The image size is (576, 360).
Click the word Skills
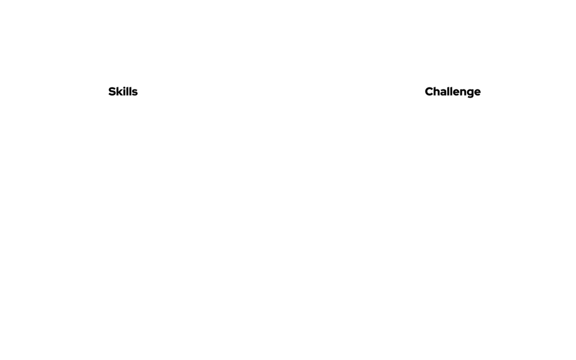(123, 92)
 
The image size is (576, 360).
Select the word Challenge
(453, 92)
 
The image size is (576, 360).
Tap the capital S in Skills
(112, 92)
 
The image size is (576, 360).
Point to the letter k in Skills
(120, 92)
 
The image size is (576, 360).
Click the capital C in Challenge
(429, 92)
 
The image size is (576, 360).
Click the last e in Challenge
(477, 93)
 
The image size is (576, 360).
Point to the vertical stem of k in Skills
(118, 92)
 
